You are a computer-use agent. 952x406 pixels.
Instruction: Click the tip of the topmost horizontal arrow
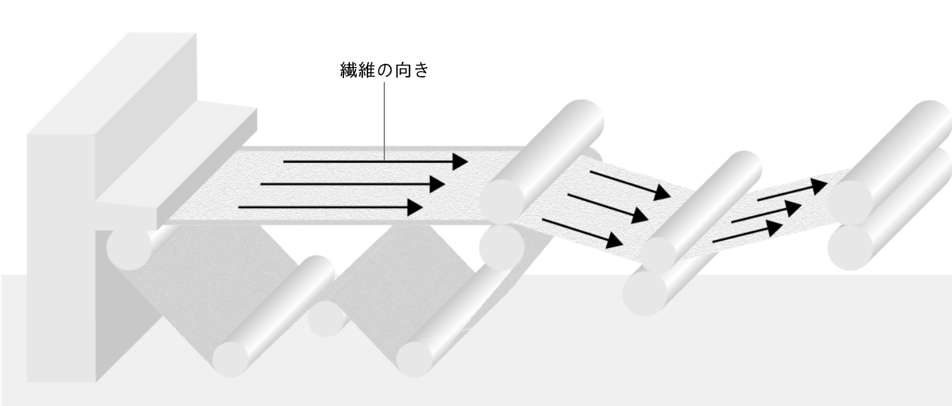pos(468,161)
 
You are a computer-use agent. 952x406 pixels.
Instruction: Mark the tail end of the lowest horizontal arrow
pos(239,207)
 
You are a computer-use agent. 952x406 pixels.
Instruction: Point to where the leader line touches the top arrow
pos(384,161)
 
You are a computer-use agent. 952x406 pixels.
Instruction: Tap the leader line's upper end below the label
pos(384,83)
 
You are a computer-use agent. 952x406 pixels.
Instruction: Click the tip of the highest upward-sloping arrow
pos(826,183)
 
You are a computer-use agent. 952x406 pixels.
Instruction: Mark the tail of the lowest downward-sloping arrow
pos(543,220)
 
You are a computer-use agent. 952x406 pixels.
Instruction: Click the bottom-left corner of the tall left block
pos(27,382)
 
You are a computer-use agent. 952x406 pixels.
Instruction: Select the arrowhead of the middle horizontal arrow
pos(437,184)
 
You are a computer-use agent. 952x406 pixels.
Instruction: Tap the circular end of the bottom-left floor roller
pos(230,359)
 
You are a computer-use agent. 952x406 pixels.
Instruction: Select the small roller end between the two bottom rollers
pos(326,319)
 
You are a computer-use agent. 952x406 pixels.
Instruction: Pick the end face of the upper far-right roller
pos(849,202)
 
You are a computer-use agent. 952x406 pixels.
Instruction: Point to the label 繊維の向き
pos(384,70)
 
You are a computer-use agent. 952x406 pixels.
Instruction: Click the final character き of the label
pos(421,70)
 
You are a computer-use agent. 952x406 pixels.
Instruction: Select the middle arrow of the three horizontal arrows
pos(352,184)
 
